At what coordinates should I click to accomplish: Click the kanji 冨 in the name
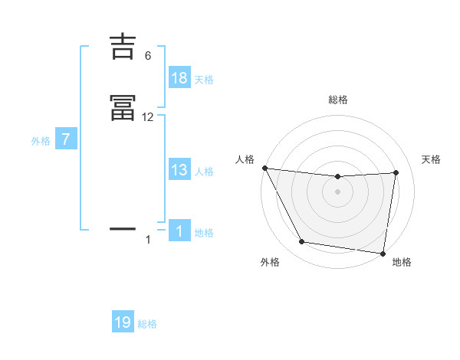123,110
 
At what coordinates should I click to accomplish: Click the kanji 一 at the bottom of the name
123,228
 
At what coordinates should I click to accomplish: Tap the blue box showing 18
179,78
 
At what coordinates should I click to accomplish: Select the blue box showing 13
179,171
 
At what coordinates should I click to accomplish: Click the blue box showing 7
66,140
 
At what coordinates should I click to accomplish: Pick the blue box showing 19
123,322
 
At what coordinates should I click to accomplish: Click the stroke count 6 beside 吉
148,55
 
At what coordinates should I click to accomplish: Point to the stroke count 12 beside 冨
148,117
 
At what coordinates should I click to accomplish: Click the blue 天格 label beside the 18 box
204,79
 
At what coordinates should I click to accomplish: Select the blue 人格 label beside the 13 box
204,172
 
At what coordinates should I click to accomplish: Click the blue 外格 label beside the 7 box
41,141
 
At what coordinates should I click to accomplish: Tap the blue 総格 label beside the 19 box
147,323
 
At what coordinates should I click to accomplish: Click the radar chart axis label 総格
338,100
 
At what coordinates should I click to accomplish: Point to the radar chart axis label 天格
432,159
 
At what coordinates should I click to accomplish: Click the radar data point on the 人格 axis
264,168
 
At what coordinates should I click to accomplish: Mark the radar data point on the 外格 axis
302,242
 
